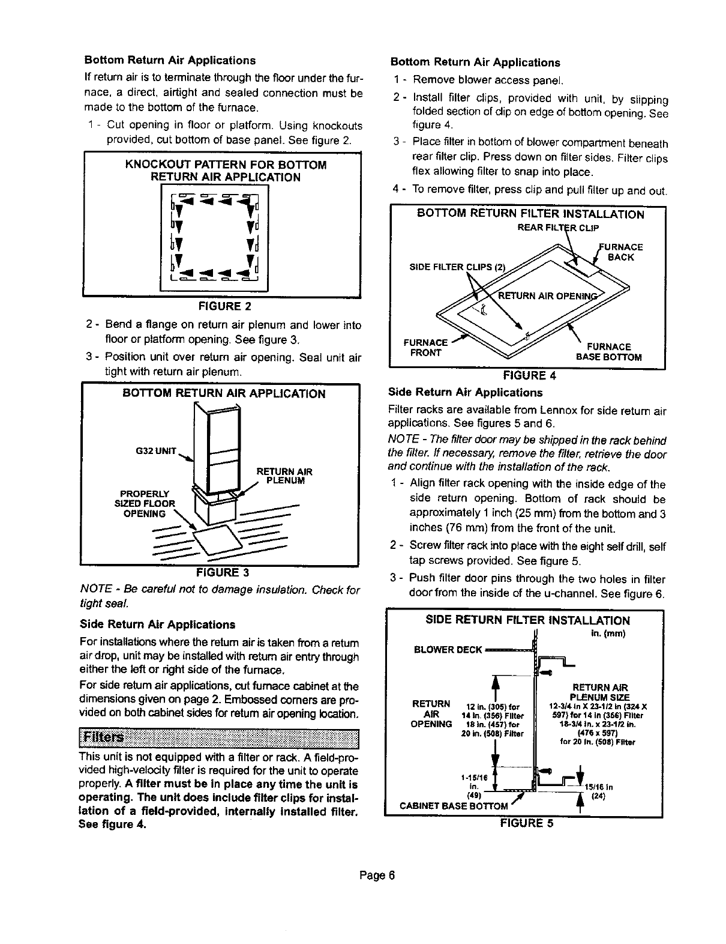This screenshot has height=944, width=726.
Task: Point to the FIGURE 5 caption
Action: (x=527, y=823)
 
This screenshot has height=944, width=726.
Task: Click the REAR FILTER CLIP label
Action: (x=557, y=227)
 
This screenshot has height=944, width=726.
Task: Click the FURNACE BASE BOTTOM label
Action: (x=608, y=352)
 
